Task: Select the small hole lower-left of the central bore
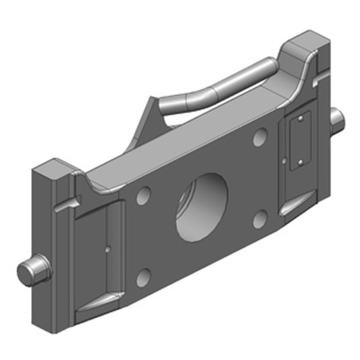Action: [143, 278]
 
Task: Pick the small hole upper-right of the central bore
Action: [260, 137]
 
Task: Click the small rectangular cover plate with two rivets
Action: [298, 141]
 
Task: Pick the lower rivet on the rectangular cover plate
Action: [300, 161]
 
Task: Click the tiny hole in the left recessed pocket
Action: [107, 247]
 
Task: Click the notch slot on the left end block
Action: [67, 203]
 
